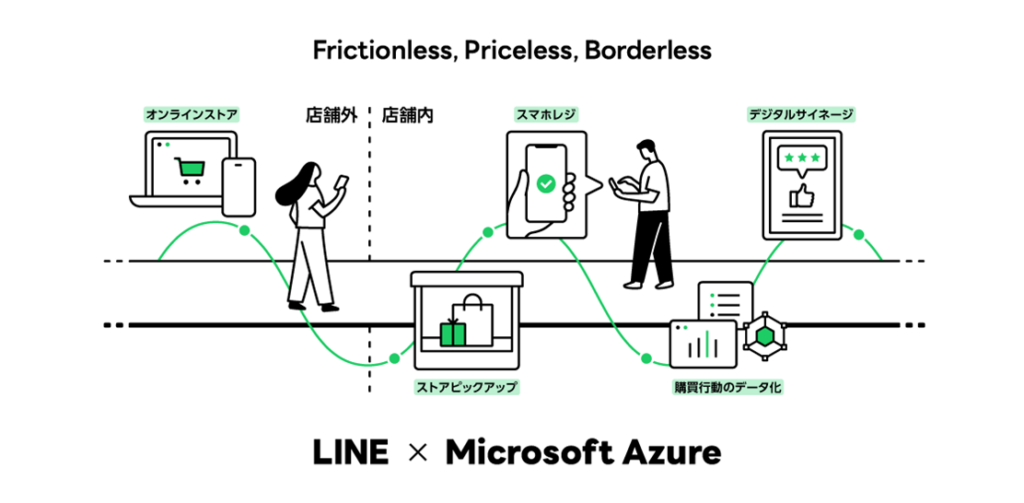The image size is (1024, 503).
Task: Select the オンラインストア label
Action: (187, 115)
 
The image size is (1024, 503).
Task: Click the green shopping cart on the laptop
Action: (188, 171)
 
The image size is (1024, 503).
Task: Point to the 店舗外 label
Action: (331, 115)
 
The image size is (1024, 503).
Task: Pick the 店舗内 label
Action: (408, 115)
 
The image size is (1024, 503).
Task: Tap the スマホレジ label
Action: (545, 115)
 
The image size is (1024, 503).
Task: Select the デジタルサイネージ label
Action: (801, 115)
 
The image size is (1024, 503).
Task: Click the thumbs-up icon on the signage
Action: (802, 194)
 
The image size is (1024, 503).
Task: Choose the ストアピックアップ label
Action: (467, 385)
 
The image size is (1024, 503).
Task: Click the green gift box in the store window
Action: (454, 333)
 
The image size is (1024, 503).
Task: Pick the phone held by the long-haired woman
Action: (341, 180)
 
